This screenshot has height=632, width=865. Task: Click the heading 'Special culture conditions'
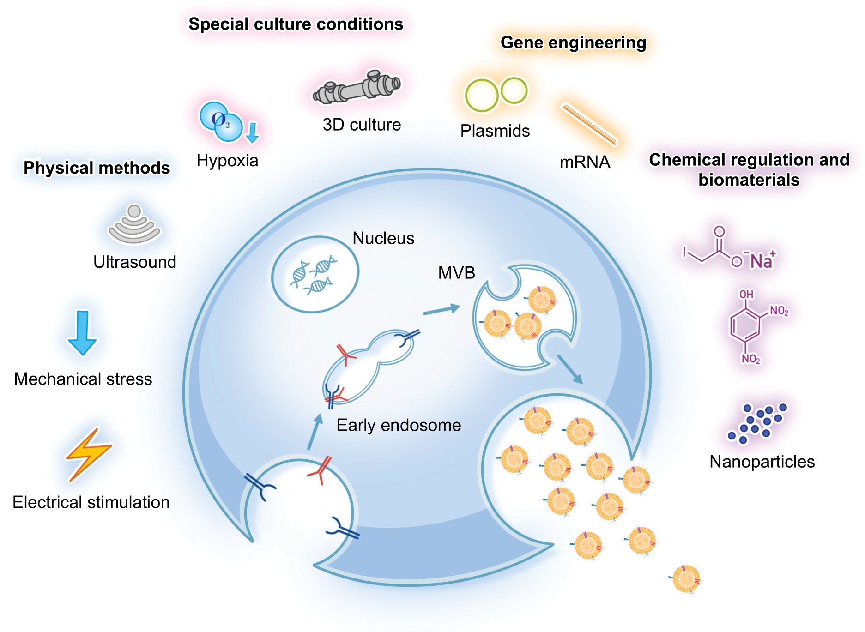pyautogui.click(x=296, y=24)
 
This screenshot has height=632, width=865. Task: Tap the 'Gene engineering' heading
pyautogui.click(x=573, y=42)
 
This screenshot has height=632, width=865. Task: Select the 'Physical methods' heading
pyautogui.click(x=97, y=168)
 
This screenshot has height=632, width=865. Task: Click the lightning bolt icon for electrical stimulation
pyautogui.click(x=89, y=455)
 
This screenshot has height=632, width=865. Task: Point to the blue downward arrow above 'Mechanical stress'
pyautogui.click(x=82, y=332)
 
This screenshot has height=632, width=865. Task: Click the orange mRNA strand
pyautogui.click(x=589, y=124)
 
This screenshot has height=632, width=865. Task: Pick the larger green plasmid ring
pyautogui.click(x=481, y=96)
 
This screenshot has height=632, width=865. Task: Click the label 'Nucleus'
pyautogui.click(x=383, y=238)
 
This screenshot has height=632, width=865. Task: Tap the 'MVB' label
pyautogui.click(x=456, y=273)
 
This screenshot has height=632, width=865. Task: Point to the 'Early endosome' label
pyautogui.click(x=399, y=425)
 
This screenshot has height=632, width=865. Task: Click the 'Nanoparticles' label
pyautogui.click(x=762, y=462)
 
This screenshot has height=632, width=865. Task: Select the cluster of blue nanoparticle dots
pyautogui.click(x=757, y=422)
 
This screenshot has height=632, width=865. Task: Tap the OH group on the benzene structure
pyautogui.click(x=746, y=295)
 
